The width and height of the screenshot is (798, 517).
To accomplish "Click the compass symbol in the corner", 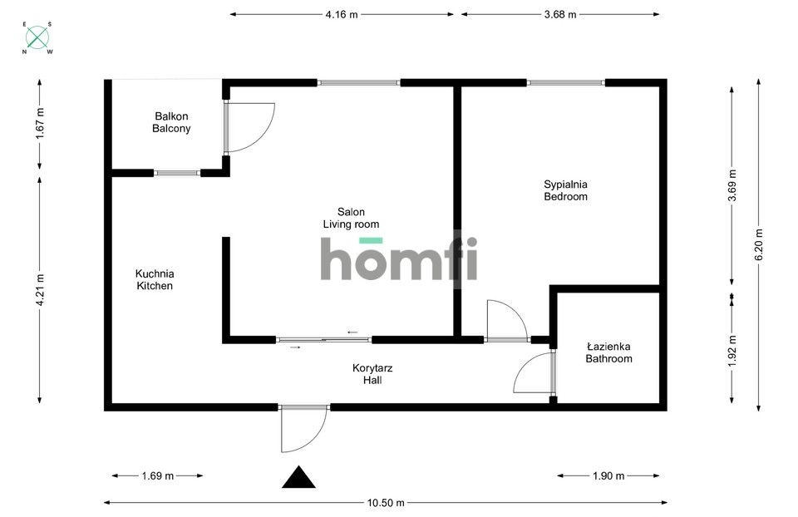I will click(x=37, y=37).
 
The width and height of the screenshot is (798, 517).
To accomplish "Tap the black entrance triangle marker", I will click(x=299, y=478).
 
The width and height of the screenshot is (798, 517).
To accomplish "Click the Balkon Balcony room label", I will click(x=171, y=123).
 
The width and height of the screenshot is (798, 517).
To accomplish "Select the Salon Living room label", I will click(x=351, y=218).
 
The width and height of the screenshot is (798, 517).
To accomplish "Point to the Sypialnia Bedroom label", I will click(x=565, y=190).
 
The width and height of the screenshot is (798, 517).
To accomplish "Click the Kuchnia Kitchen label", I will click(x=155, y=279).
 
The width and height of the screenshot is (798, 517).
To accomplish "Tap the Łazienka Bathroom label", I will click(x=608, y=352).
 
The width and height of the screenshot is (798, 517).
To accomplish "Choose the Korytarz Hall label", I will click(x=366, y=374).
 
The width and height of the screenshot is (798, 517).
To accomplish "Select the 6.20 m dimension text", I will click(x=758, y=244).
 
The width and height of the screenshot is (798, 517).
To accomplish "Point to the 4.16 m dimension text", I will click(x=342, y=14).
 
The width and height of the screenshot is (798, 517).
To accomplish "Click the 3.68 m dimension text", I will click(x=560, y=14).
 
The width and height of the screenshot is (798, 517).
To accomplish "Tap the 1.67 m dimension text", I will click(x=40, y=124).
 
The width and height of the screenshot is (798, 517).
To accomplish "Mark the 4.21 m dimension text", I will click(x=40, y=291).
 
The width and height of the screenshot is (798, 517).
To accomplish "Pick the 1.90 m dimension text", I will click(x=608, y=476).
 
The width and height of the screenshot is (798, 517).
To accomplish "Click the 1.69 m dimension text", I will click(x=158, y=476).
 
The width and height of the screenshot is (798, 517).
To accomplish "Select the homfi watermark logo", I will click(x=399, y=259).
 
